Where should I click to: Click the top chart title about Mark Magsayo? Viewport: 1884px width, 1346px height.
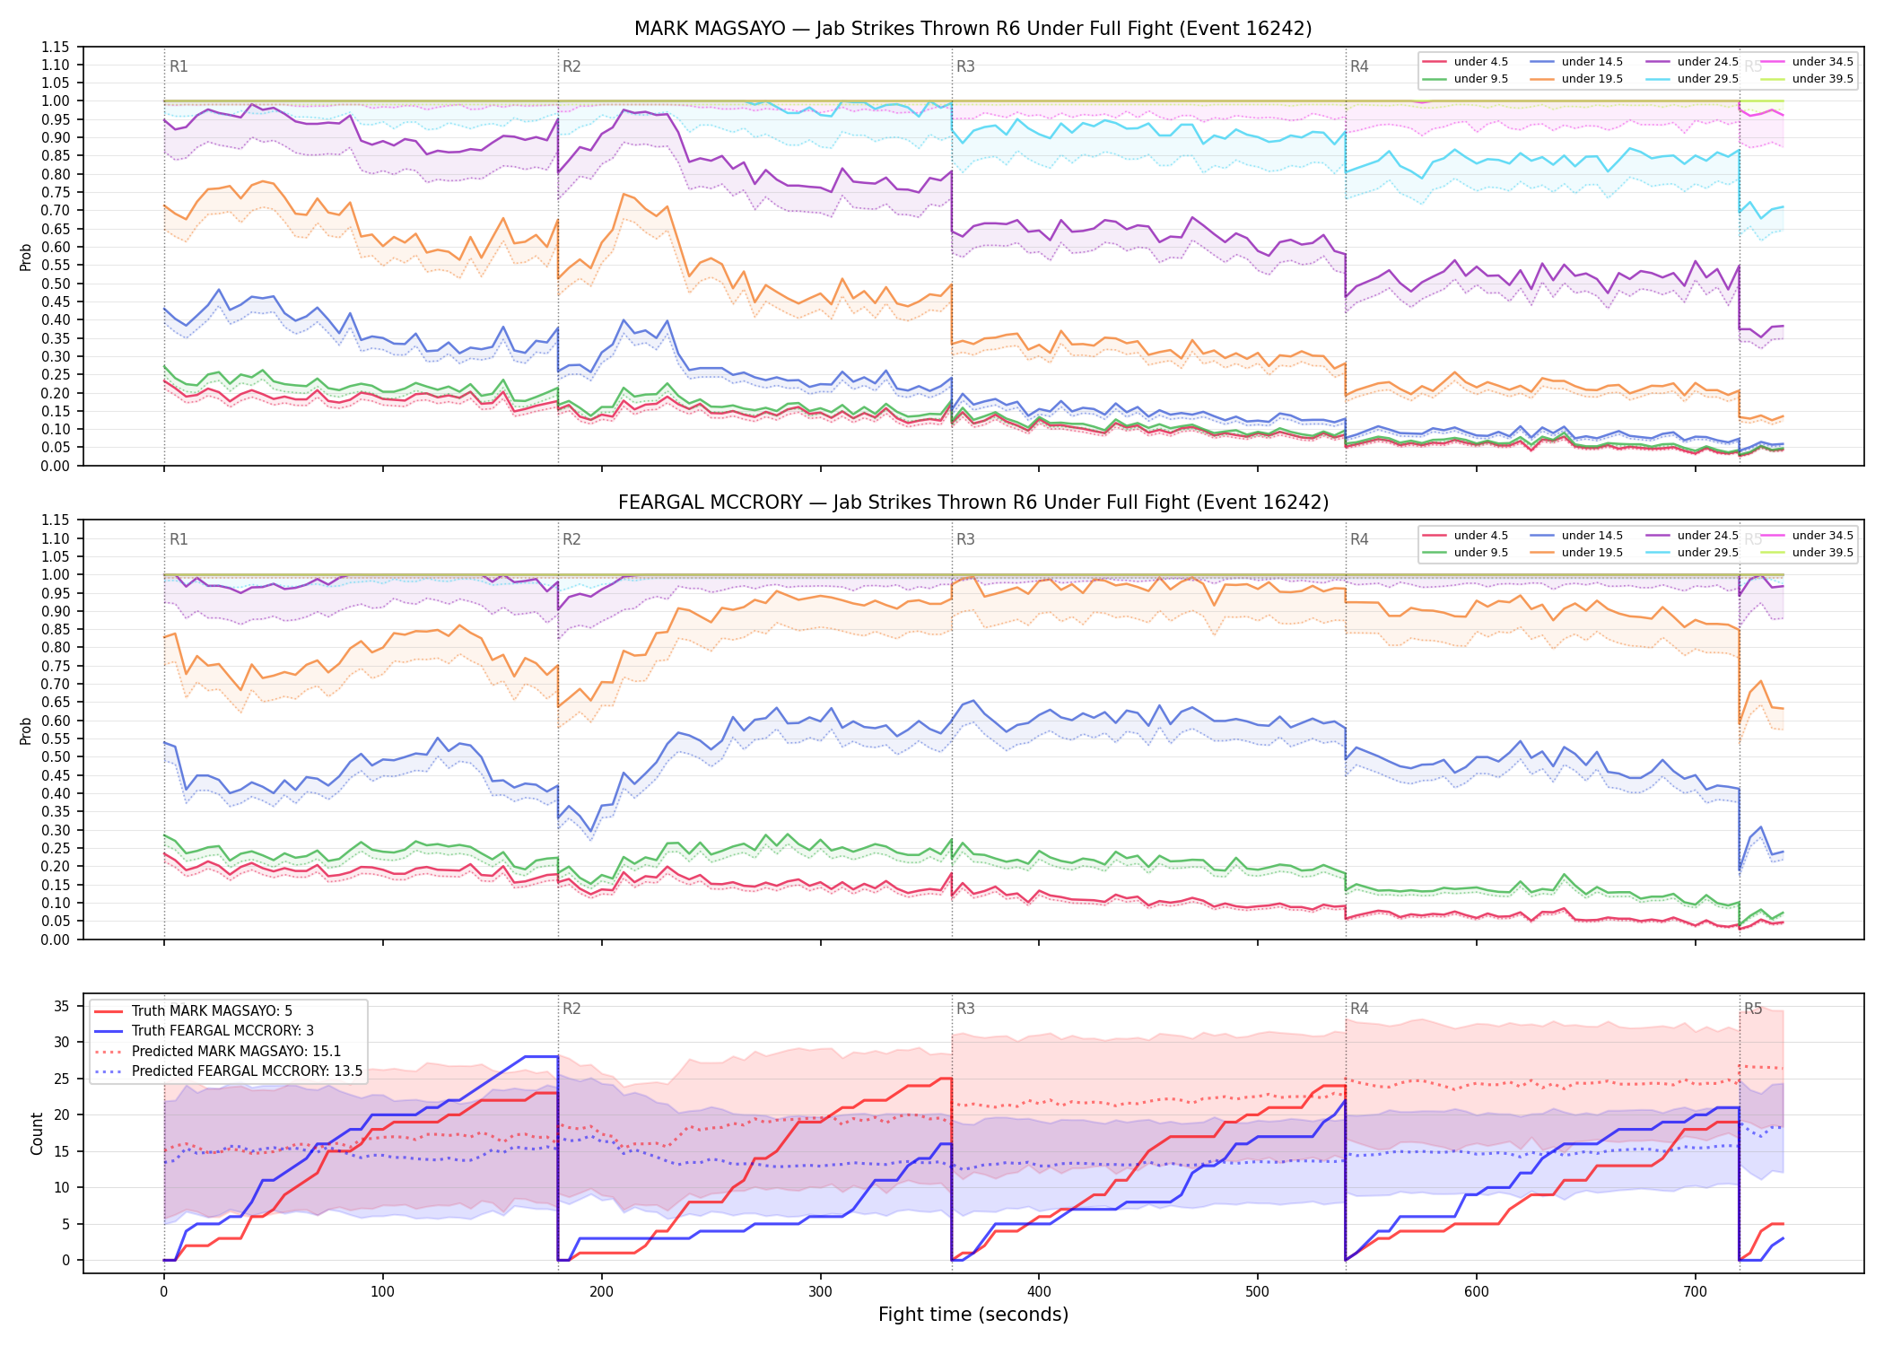[x=973, y=29]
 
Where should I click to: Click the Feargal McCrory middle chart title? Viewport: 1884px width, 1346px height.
[x=973, y=503]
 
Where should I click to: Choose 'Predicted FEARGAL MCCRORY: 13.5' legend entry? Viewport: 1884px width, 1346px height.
[x=228, y=1071]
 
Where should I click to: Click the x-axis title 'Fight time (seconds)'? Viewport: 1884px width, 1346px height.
[x=973, y=1315]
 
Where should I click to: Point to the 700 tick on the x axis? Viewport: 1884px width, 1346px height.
[x=1695, y=1291]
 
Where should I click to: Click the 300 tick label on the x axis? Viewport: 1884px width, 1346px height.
[x=820, y=1291]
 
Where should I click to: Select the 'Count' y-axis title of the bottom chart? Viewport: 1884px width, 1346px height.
[x=38, y=1133]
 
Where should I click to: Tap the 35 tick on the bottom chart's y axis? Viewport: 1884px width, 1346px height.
[x=63, y=1006]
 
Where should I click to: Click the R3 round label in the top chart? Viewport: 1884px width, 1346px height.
[x=965, y=66]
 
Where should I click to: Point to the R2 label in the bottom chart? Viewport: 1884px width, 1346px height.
[x=571, y=1009]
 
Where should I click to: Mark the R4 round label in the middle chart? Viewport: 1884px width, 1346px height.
[x=1359, y=539]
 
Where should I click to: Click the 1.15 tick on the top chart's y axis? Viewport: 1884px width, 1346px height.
[x=57, y=47]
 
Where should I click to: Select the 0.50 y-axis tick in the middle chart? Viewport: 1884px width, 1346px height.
[x=57, y=756]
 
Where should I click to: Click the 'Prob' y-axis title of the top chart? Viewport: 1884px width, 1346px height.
[x=26, y=257]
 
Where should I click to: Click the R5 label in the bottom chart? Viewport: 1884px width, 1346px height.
[x=1753, y=1009]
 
